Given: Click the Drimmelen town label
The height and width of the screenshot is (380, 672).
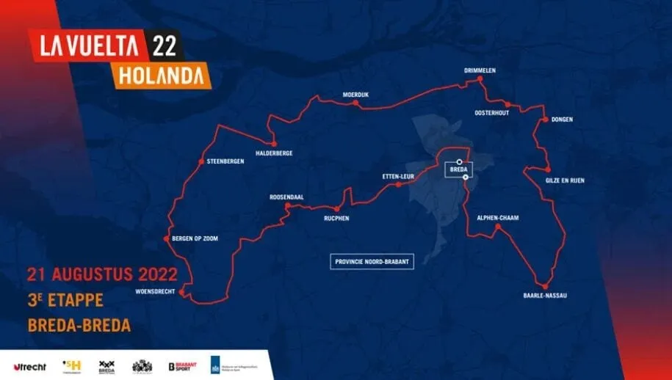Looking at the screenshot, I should [480, 70].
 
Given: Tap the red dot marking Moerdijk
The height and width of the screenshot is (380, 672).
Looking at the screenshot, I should [356, 103].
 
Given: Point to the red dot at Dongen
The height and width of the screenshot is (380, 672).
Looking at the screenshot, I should [545, 119].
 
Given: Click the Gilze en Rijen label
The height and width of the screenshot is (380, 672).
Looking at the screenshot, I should [565, 180].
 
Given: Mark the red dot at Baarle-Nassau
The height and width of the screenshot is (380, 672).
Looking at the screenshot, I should [545, 286].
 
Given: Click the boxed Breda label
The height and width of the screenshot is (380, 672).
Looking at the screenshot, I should [458, 169].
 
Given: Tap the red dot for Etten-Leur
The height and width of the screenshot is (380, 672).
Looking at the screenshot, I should [398, 185].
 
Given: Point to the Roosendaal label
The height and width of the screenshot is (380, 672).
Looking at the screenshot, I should [286, 197].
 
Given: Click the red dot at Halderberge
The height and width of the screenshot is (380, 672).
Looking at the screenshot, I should [273, 144].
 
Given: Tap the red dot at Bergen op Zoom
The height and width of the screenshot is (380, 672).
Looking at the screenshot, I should [167, 238].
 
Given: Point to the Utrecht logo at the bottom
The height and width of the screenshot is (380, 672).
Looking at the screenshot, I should [29, 365].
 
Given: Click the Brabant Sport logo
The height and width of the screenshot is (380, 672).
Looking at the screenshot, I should [184, 365].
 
